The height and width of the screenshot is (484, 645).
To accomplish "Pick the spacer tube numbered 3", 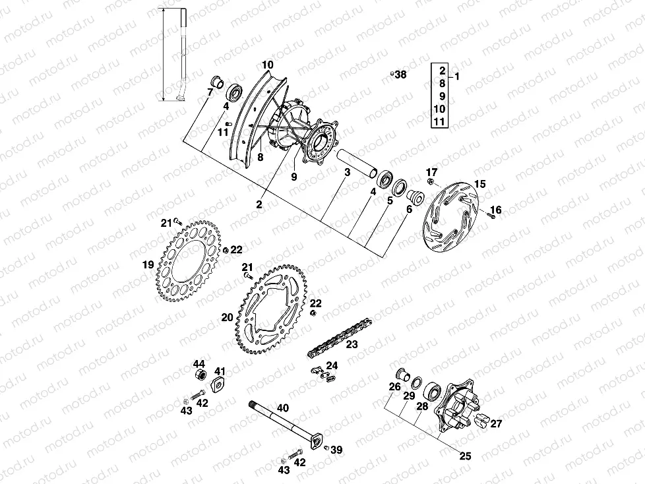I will pyautogui.click(x=356, y=163).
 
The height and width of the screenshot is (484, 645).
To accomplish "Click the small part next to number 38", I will pyautogui.click(x=390, y=74).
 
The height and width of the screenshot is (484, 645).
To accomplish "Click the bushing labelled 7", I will pyautogui.click(x=215, y=82).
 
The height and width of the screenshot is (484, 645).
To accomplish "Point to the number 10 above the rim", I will pyautogui.click(x=266, y=65).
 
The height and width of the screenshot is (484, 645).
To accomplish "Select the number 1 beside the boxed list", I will pyautogui.click(x=458, y=76).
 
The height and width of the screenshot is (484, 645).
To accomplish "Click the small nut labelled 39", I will pyautogui.click(x=326, y=448).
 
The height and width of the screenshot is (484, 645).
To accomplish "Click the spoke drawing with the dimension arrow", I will pyautogui.click(x=181, y=56).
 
